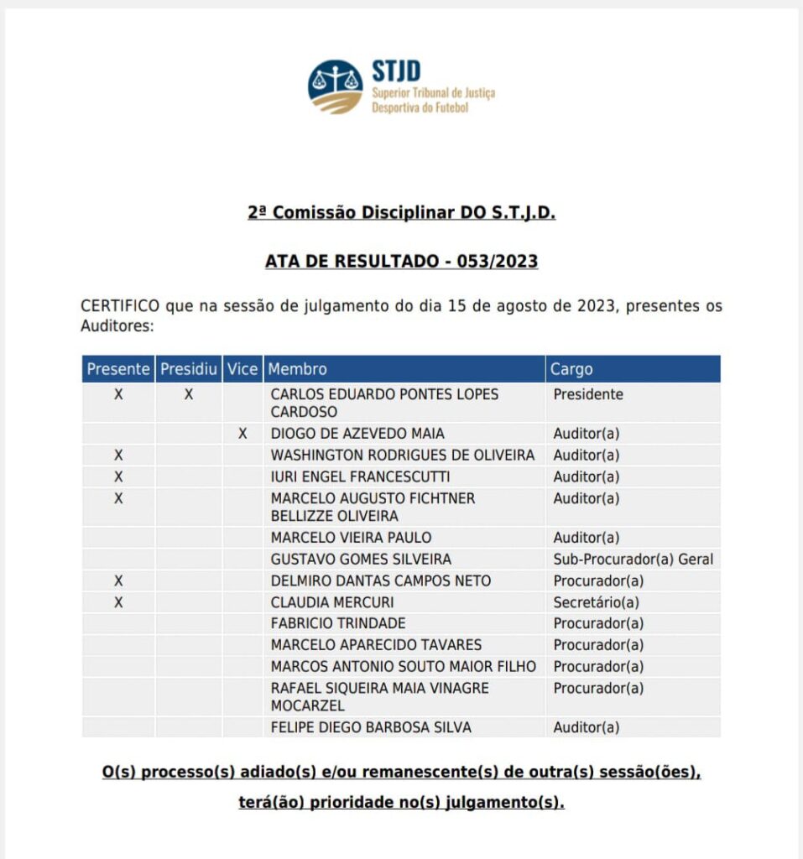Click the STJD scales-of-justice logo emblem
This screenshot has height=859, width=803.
336,86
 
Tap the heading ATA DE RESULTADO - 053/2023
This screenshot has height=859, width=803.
401,261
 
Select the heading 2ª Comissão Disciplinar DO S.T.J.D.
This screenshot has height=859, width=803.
401,213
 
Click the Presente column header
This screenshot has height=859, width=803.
118,369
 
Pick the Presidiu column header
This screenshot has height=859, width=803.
189,369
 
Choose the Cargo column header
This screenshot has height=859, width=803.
571,369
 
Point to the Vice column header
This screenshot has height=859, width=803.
242,369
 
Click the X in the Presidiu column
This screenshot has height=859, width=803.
189,394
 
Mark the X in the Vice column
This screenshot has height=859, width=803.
242,434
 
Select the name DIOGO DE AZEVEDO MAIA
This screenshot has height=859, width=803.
357,434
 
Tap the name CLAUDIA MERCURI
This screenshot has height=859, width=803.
332,602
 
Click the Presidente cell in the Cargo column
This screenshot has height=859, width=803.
588,394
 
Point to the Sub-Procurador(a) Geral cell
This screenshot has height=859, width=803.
633,560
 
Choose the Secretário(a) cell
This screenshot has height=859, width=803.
596,602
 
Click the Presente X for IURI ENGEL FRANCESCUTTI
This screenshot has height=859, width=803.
118,476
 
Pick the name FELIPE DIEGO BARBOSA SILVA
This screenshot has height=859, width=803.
371,727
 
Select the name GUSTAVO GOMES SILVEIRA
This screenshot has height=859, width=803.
361,560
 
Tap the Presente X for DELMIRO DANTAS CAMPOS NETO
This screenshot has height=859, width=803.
118,580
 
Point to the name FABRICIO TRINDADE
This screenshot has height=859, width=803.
338,623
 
